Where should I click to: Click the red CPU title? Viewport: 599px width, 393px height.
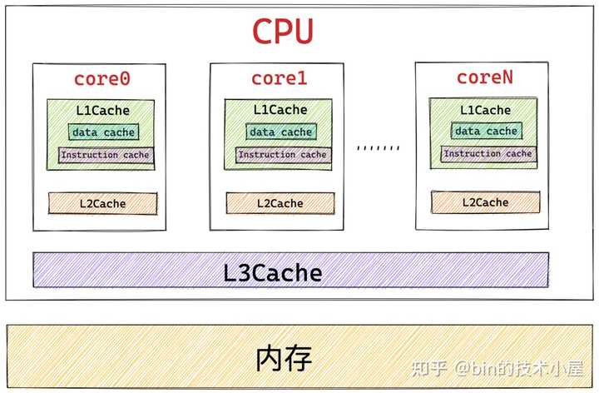(283, 31)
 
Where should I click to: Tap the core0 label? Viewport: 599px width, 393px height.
(102, 79)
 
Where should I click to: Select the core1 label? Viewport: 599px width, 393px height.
(280, 79)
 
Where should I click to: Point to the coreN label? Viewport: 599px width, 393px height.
(485, 77)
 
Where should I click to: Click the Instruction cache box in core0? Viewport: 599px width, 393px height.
(106, 155)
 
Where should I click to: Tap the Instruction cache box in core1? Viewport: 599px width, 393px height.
(283, 155)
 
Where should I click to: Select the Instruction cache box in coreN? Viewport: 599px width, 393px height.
(488, 153)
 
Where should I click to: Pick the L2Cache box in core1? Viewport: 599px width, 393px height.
(280, 203)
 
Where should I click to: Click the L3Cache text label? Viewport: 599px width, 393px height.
(273, 272)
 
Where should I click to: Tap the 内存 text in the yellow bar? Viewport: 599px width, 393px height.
(285, 359)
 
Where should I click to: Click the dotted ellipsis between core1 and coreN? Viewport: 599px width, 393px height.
(378, 148)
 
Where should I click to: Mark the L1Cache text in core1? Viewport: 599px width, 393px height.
(280, 110)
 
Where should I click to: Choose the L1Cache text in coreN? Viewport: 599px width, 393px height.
(483, 110)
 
